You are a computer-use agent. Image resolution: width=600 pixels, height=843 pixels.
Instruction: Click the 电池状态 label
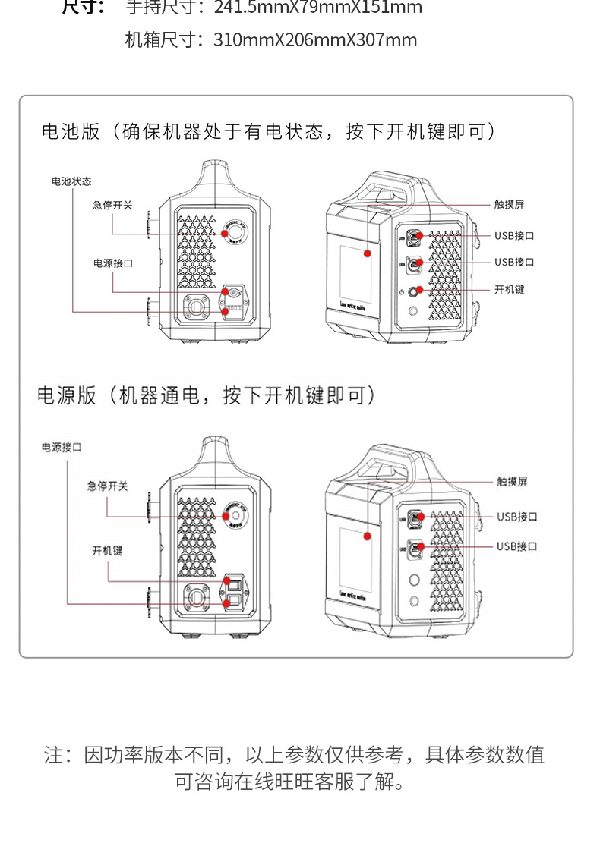point(71,181)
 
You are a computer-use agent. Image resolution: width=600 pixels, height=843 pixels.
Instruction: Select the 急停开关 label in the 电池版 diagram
point(112,205)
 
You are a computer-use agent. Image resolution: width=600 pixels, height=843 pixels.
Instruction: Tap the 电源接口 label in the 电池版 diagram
point(112,263)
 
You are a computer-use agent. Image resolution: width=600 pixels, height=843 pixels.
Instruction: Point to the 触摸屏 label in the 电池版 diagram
point(509,204)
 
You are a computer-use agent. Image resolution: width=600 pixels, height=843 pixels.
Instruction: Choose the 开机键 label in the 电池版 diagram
point(509,289)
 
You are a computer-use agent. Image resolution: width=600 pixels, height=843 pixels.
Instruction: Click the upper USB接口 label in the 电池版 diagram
point(514,236)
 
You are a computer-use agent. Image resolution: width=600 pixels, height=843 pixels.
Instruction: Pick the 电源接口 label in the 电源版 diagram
point(61,448)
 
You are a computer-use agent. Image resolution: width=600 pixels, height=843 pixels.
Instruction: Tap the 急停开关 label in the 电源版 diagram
point(107,486)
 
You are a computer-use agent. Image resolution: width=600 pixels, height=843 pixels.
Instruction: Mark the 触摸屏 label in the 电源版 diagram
point(512,482)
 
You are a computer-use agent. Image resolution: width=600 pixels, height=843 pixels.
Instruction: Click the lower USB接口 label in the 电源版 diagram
point(517,546)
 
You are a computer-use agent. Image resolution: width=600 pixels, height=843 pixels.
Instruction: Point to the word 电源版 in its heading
point(67,395)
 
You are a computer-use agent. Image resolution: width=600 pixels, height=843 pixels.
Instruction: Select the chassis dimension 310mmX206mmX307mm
point(315,40)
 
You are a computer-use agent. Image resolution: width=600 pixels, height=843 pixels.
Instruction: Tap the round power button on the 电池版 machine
point(416,291)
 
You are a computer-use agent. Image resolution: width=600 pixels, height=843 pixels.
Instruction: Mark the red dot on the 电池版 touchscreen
point(368,253)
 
